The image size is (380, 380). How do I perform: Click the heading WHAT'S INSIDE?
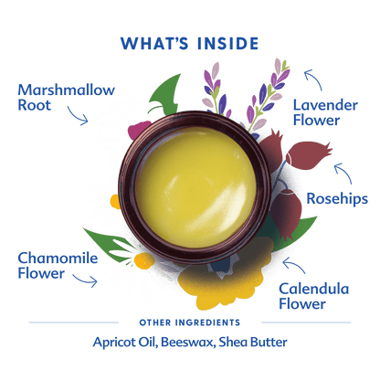[189, 44]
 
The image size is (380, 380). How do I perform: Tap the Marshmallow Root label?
[66, 98]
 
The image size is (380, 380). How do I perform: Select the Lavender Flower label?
[325, 112]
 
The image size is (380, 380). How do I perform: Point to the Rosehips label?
[337, 199]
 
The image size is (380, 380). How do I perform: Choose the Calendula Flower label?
[313, 296]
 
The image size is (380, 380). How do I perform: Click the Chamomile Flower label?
[58, 266]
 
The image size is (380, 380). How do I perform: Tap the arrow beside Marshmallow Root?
[78, 116]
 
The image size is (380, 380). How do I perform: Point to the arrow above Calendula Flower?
[295, 264]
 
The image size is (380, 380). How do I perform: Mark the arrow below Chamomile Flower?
[86, 280]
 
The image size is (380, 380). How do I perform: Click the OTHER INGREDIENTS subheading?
[190, 322]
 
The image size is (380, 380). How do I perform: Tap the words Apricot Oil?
[125, 343]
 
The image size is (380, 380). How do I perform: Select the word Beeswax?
[187, 342]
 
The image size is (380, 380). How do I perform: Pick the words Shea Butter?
[253, 342]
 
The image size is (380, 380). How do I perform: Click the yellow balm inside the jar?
[195, 187]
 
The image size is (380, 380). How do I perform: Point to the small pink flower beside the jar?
[138, 130]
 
